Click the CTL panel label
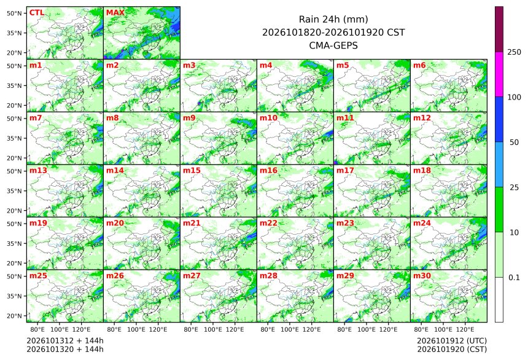point(37,12)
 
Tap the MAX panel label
point(115,12)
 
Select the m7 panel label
point(36,118)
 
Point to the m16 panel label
point(268,171)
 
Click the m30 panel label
point(422,276)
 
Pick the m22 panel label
point(268,223)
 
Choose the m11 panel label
point(345,118)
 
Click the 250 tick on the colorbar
point(514,52)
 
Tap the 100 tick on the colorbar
point(514,97)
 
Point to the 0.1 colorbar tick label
point(514,278)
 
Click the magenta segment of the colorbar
point(499,74)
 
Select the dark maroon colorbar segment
point(499,29)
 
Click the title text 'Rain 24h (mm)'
point(333,19)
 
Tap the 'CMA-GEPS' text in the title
point(333,45)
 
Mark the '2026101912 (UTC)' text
point(452,341)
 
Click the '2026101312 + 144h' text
point(65,341)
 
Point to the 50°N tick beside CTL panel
point(14,13)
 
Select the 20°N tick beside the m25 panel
point(14,316)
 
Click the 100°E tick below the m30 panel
point(443,329)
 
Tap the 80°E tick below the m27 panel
point(191,329)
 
